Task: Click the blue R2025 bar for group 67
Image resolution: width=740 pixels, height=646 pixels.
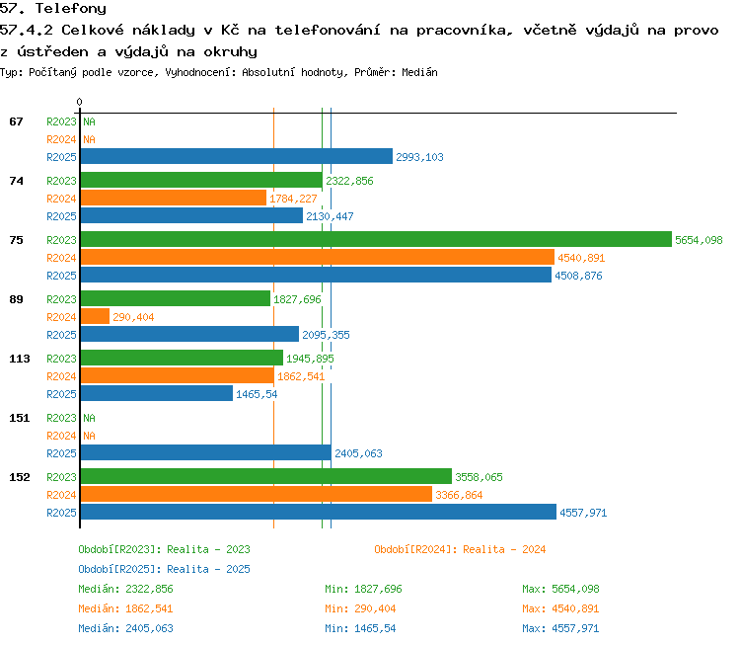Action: (237, 156)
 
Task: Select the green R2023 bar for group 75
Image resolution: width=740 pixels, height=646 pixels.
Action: (376, 239)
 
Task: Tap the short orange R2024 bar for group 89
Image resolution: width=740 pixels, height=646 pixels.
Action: (95, 316)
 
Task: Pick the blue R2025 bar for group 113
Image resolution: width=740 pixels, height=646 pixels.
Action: (157, 393)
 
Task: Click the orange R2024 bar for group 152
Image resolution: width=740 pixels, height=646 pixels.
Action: (257, 494)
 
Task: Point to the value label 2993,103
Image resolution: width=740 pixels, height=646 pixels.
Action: (419, 157)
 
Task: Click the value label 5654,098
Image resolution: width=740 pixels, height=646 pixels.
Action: (699, 240)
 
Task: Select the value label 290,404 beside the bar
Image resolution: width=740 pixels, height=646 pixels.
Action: (133, 317)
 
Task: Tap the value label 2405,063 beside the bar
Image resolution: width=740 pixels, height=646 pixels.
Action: (358, 453)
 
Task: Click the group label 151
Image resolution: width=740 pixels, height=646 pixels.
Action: (20, 418)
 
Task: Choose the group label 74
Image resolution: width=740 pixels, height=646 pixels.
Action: (16, 181)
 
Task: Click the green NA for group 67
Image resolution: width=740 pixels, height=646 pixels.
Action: (89, 121)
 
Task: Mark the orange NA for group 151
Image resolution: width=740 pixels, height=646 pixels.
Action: (89, 436)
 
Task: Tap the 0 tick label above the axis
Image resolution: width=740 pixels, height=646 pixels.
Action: (79, 102)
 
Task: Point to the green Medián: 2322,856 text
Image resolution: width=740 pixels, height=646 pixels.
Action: (125, 589)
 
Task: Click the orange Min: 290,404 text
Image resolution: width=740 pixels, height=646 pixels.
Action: (360, 608)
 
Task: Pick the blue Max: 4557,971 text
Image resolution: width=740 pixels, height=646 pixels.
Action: (560, 628)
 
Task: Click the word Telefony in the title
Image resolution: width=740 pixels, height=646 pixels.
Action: (71, 8)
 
